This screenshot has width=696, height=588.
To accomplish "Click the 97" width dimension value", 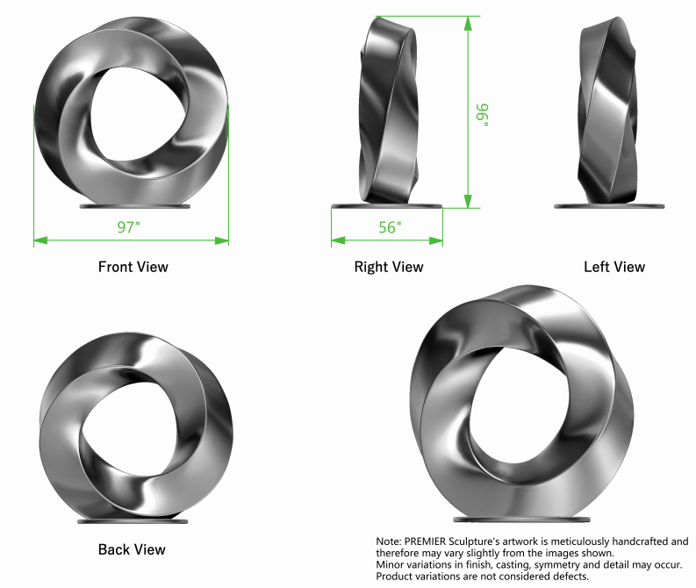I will (129, 227).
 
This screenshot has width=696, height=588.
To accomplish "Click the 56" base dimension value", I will (390, 227).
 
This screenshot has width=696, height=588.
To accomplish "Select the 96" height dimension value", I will (484, 114).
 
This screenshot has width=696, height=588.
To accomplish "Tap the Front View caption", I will (133, 267).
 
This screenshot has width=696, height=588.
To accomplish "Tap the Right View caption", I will (388, 267).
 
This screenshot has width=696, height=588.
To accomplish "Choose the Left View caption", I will (614, 267).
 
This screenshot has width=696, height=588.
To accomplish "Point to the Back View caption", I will (132, 549).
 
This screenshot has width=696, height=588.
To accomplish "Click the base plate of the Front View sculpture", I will (134, 207).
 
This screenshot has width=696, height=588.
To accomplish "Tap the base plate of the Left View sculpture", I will (609, 206).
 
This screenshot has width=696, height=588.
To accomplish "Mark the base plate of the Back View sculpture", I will (133, 520).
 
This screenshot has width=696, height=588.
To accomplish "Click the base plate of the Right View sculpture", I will (387, 206).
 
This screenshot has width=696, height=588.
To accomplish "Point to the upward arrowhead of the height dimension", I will (468, 23).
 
